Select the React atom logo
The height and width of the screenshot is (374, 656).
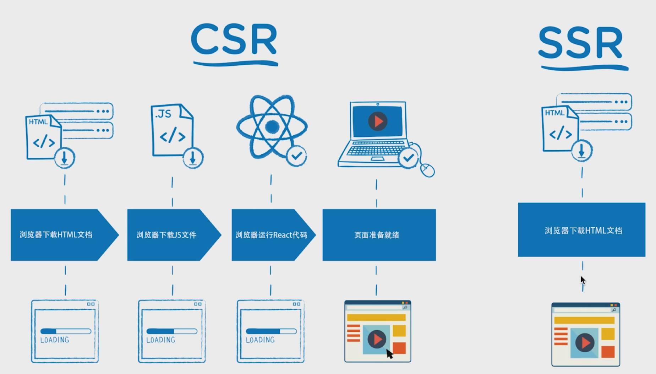point(272,126)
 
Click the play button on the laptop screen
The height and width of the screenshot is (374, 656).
point(377,121)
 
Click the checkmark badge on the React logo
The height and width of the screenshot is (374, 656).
point(296,156)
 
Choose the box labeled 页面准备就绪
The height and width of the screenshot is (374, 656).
point(379,235)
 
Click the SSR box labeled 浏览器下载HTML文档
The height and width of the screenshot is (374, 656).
point(581,230)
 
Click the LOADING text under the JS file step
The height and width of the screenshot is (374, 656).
point(161,340)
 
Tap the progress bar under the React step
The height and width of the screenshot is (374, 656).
point(271,331)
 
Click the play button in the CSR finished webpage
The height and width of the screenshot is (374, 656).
point(377,339)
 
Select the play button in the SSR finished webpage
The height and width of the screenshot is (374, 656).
point(585,343)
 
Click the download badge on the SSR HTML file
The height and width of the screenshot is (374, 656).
point(581,151)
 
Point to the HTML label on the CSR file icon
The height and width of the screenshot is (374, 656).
point(38,122)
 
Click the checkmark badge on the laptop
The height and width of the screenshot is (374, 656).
point(408,158)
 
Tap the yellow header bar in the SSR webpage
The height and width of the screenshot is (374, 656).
point(584,320)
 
